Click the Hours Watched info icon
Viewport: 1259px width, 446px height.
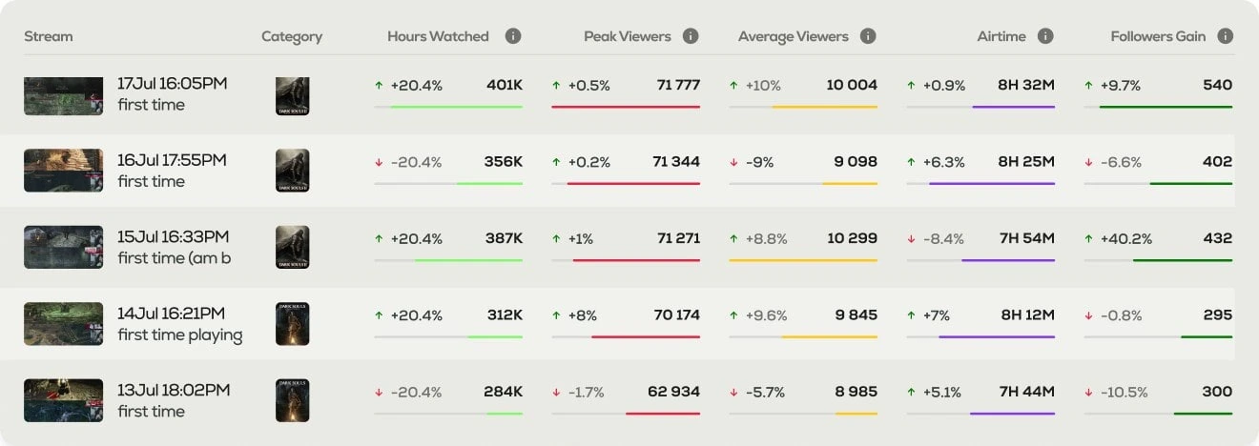[x=513, y=36]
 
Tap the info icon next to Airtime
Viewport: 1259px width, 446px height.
[x=1045, y=36]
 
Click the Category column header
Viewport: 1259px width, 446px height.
[x=292, y=36]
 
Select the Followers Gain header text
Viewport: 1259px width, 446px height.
[x=1158, y=36]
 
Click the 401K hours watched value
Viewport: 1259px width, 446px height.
[x=504, y=85]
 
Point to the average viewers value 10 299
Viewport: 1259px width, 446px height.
[x=852, y=238]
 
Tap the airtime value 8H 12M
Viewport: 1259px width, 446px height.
[x=1026, y=314]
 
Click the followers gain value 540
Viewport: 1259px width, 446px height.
[x=1217, y=85]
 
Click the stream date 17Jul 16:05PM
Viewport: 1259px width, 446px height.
[x=173, y=84]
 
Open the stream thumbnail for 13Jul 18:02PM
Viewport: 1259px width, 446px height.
[x=63, y=400]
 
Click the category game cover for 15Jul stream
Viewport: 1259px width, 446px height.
[x=292, y=248]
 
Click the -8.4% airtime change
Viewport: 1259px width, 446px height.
[x=943, y=239]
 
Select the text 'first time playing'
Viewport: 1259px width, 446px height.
[x=180, y=334]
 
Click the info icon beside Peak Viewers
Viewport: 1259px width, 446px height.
[x=691, y=36]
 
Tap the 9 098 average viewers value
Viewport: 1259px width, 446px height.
[x=856, y=162]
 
